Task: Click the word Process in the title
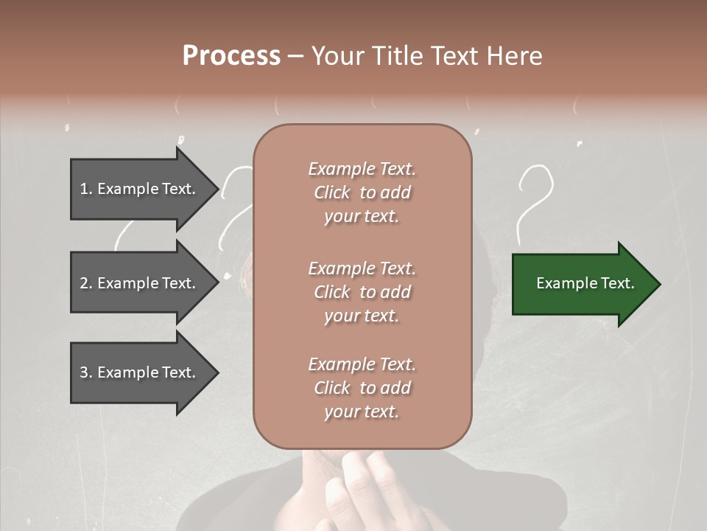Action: pos(231,56)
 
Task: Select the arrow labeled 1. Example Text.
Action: pos(140,189)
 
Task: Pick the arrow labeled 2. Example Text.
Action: pos(140,283)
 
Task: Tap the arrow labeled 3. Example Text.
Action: pos(140,372)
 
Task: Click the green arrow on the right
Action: pos(582,284)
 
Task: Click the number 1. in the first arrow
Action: pos(86,189)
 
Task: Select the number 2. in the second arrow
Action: pos(86,283)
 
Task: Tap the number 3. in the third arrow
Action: pos(86,372)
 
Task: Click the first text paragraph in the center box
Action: pos(362,192)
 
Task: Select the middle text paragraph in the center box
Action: pos(362,292)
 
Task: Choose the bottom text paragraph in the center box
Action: pos(362,388)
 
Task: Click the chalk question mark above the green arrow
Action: pos(535,199)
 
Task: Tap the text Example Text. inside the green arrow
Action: pos(585,283)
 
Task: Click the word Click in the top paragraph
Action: pos(332,192)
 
